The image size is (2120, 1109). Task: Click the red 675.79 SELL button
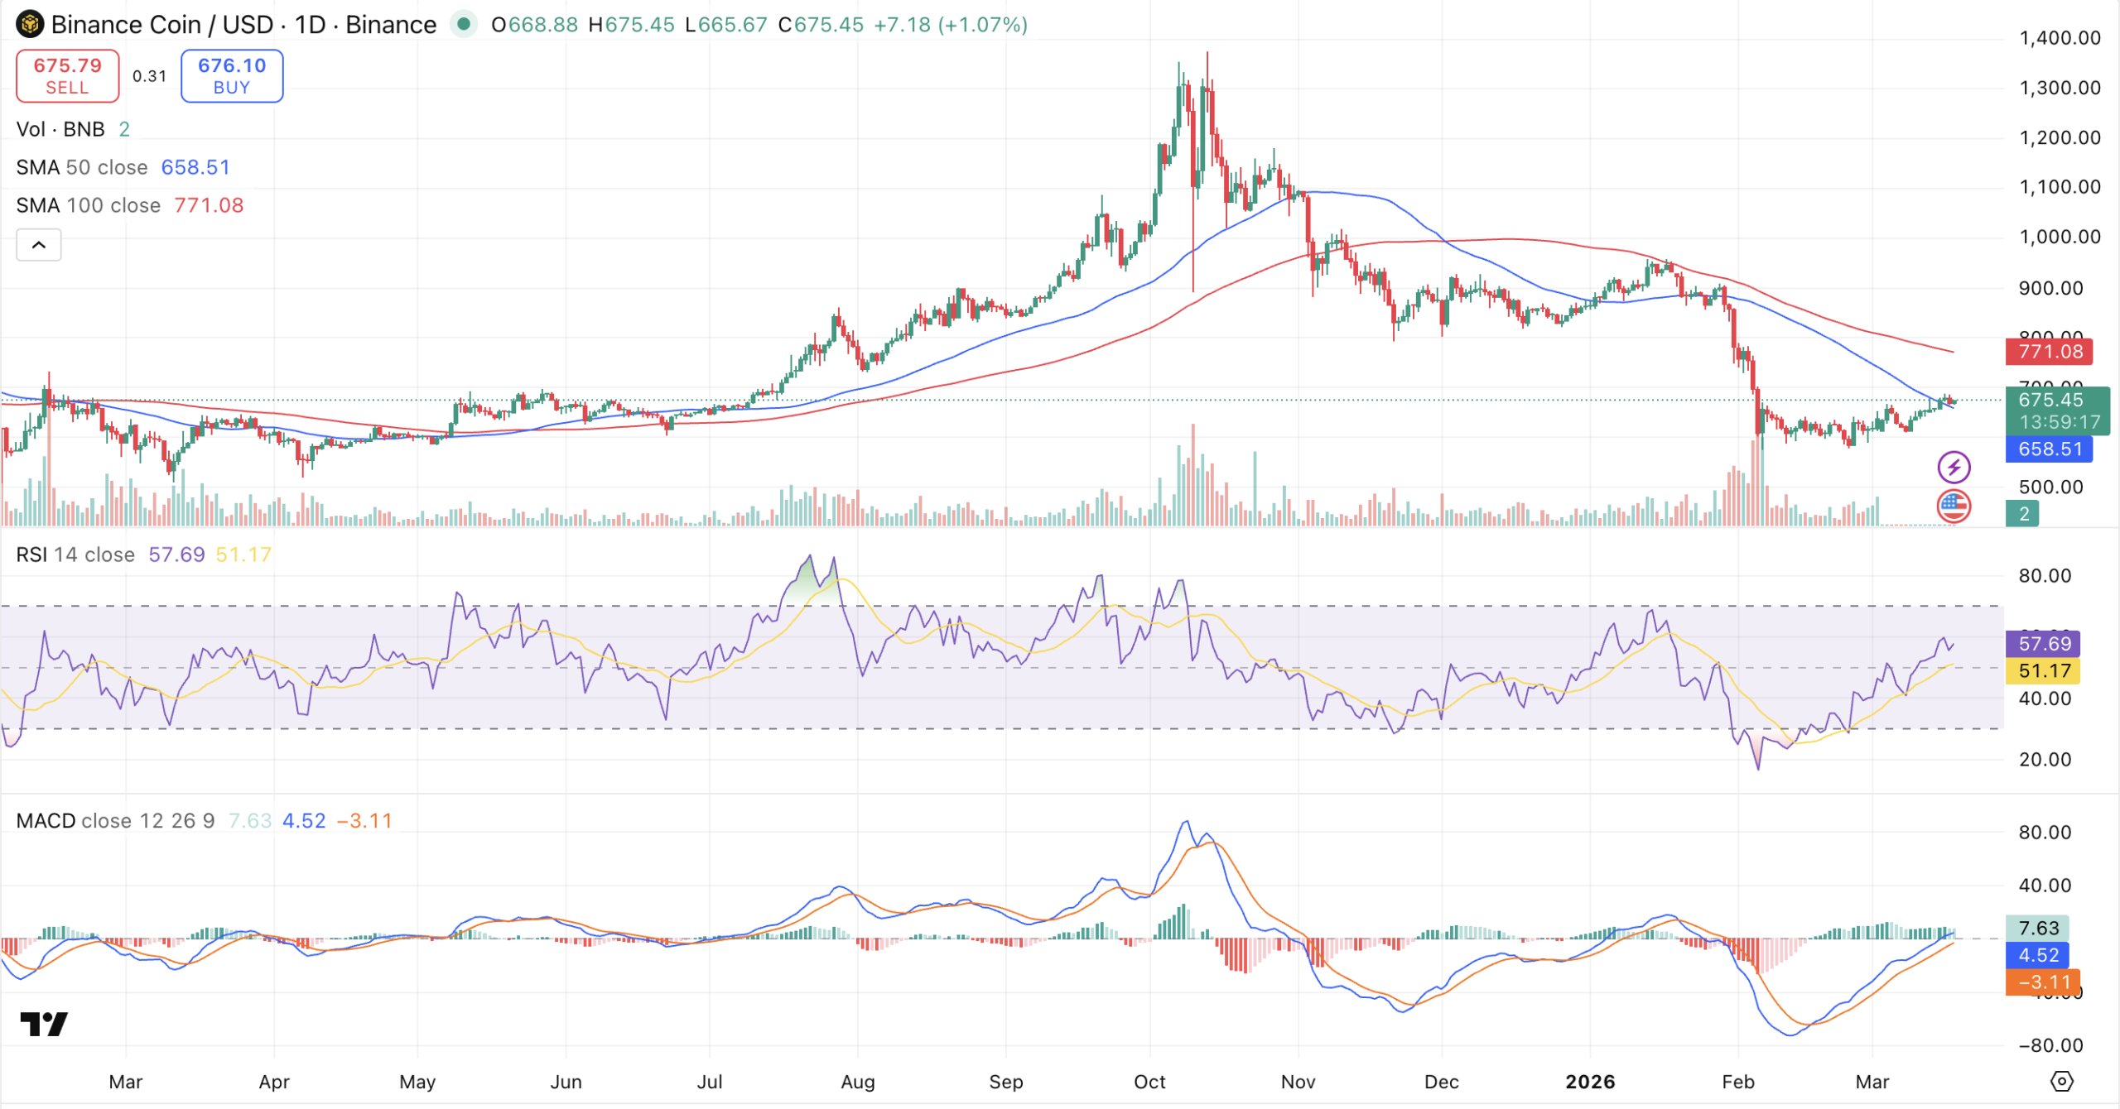[x=67, y=76]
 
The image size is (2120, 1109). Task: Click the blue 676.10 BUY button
[x=232, y=76]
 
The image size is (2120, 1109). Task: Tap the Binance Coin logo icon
[x=30, y=25]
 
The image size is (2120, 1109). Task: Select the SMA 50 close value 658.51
[x=195, y=167]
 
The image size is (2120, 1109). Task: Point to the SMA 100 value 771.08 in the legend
[x=209, y=205]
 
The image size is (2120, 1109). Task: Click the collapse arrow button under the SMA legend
[x=39, y=245]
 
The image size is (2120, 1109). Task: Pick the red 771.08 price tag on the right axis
[x=2049, y=352]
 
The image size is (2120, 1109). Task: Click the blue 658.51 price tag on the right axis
[x=2049, y=449]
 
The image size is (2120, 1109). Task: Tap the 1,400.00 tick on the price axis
[x=2059, y=38]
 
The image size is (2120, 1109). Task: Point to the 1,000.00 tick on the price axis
[x=2059, y=237]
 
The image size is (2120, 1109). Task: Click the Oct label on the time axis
[x=1149, y=1082]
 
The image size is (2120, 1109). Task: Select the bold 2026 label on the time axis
[x=1590, y=1082]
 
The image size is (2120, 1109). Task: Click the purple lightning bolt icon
[x=1954, y=468]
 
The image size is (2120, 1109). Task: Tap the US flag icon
[x=1954, y=506]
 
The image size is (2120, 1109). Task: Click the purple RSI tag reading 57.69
[x=2043, y=644]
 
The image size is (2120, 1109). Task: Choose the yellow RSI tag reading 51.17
[x=2043, y=671]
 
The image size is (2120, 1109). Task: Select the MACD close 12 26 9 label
[x=115, y=821]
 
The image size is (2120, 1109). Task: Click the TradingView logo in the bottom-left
[x=44, y=1025]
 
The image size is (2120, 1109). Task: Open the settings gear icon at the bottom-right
[x=2061, y=1082]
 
